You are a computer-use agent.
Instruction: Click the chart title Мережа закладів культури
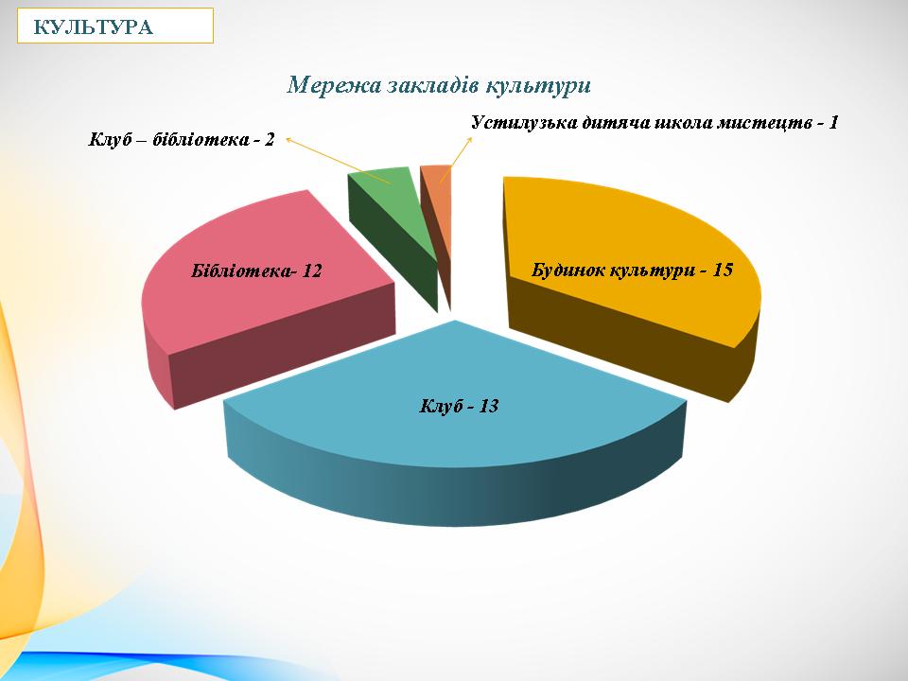439,85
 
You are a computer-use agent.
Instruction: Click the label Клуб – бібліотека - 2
182,140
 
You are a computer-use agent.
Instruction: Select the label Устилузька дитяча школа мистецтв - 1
655,123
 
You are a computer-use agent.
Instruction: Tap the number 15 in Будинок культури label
724,271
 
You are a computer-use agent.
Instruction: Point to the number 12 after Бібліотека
313,271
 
